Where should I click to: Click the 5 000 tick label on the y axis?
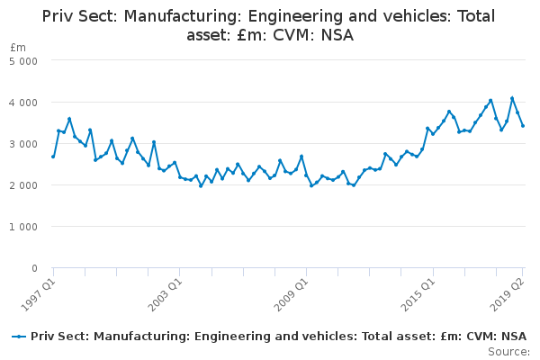pos(23,61)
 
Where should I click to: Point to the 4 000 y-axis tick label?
pos(23,103)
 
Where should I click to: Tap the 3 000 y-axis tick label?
pos(23,144)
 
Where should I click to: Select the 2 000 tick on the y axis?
pos(23,185)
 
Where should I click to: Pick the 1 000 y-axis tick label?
pos(23,227)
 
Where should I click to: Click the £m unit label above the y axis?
pos(18,47)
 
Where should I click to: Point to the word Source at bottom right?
pos(508,351)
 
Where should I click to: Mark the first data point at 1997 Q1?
pos(53,157)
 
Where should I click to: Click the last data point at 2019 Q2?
pos(523,126)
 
